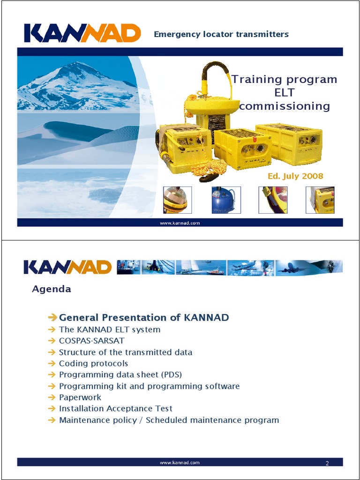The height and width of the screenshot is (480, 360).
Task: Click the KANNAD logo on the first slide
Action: click(x=82, y=33)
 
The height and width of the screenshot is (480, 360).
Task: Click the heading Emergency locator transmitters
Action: click(x=221, y=34)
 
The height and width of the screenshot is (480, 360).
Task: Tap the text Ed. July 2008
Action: click(x=295, y=176)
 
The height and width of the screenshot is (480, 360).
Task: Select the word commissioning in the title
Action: click(x=285, y=106)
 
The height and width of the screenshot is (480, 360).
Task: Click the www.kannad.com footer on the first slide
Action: click(x=180, y=223)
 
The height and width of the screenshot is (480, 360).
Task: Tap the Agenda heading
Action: click(x=52, y=289)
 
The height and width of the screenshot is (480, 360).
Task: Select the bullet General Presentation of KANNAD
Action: click(x=144, y=318)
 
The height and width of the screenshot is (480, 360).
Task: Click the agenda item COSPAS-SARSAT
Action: click(x=92, y=341)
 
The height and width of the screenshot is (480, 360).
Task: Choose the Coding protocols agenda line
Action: click(x=93, y=363)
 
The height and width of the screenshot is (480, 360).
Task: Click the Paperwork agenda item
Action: click(x=80, y=397)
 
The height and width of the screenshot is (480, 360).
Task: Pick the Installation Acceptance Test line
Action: click(x=116, y=409)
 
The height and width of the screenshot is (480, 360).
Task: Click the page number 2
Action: click(x=327, y=464)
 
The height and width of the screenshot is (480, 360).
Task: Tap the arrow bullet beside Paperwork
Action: click(x=52, y=397)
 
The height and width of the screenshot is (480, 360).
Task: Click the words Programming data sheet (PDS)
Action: click(x=120, y=375)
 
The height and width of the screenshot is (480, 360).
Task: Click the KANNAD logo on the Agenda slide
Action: click(x=67, y=268)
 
